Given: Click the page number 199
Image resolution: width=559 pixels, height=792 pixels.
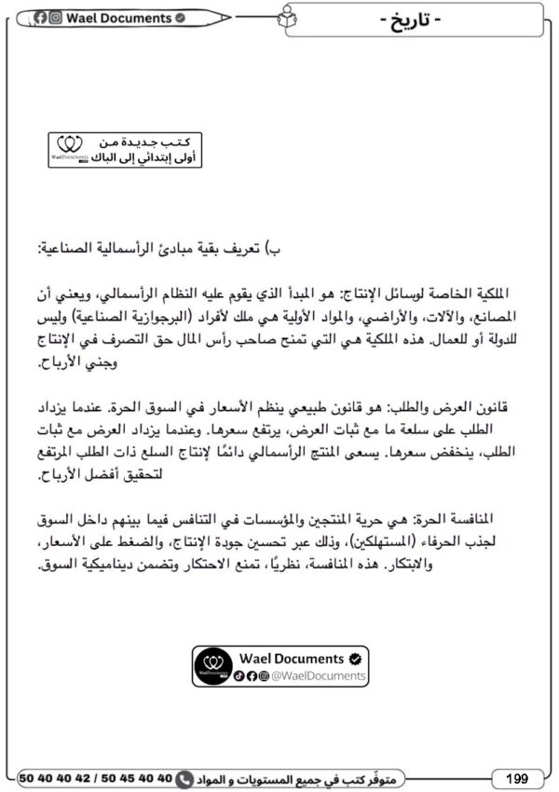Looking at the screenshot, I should pos(518,777).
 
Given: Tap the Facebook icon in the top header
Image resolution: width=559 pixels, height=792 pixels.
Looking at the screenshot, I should pos(42,18).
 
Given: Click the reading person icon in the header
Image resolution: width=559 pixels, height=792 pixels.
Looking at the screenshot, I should pos(284,18).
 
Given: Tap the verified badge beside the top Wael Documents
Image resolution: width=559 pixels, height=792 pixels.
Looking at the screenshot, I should pos(180,18).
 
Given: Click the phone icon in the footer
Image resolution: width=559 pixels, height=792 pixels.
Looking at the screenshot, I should pos(184,777).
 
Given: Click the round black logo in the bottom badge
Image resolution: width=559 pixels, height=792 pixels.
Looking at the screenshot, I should pos(213,666).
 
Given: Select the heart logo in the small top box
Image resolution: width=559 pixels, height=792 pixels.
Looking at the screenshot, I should pos(70,145).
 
